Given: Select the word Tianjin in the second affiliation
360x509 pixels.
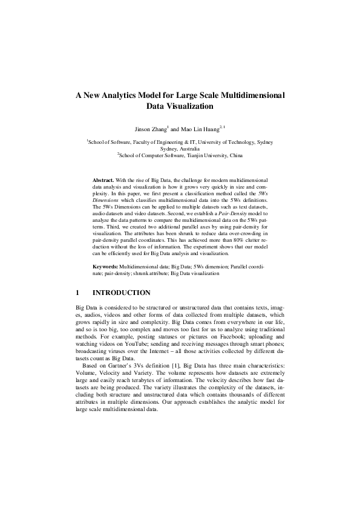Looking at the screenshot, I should [x=185, y=155].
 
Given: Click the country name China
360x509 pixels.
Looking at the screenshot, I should [x=235, y=155].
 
